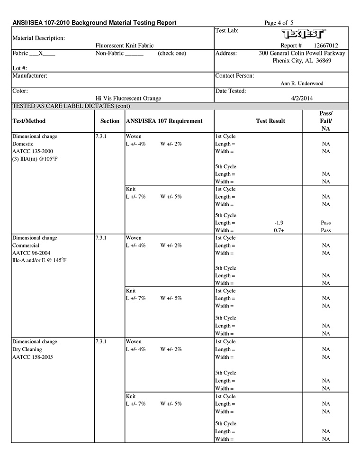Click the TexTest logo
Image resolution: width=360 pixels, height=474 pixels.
(x=304, y=34)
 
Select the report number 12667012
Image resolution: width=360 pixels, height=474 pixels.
(x=326, y=46)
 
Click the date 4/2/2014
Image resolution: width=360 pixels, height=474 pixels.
(x=302, y=98)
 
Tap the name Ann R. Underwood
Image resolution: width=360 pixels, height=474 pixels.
(x=302, y=83)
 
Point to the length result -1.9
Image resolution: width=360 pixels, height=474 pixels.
(x=279, y=223)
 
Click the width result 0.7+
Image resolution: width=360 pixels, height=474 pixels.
(x=279, y=230)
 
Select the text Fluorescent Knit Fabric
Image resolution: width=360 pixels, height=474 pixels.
(x=125, y=46)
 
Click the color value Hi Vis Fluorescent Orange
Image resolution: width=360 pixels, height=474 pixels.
(x=128, y=98)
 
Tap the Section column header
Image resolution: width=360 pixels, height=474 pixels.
(x=110, y=121)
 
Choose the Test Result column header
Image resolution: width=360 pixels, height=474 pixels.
(x=270, y=121)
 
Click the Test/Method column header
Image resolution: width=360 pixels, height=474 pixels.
(x=29, y=121)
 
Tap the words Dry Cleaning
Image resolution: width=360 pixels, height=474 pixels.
(x=26, y=349)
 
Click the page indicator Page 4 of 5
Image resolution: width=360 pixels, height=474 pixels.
(x=279, y=22)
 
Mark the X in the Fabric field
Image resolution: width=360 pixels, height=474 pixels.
(x=41, y=54)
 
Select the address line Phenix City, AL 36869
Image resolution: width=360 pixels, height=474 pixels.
(x=302, y=61)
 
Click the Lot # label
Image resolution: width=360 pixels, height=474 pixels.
(x=19, y=68)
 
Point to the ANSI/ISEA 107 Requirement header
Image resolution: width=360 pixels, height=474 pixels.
(x=164, y=121)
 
